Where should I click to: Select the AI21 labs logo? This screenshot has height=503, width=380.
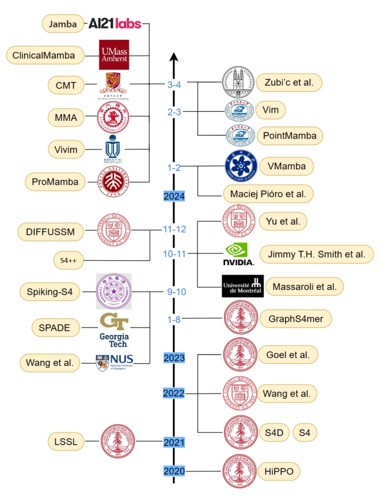[x=115, y=24]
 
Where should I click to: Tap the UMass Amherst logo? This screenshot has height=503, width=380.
[x=114, y=55]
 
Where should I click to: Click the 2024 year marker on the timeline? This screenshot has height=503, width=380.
[x=174, y=197]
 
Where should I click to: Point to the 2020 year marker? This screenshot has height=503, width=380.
[x=174, y=471]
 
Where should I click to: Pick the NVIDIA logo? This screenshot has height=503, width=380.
[x=238, y=254]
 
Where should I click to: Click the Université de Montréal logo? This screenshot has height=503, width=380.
[x=242, y=286]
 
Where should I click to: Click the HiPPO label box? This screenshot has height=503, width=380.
[x=279, y=471]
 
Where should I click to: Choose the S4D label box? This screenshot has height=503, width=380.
[x=274, y=433]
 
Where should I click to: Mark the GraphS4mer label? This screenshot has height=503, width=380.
[x=292, y=318]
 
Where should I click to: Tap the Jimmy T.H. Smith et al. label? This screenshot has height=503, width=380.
[x=317, y=254]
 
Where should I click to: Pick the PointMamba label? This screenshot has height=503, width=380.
[x=290, y=136]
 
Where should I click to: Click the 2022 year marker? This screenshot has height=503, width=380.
[x=174, y=393]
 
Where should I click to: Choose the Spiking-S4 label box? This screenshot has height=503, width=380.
[x=50, y=291]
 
